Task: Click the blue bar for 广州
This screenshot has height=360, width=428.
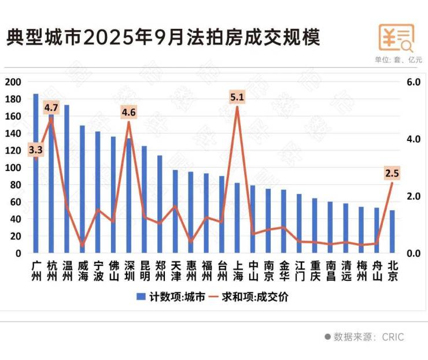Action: pyautogui.click(x=36, y=173)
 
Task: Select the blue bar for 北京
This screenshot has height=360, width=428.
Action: pyautogui.click(x=392, y=232)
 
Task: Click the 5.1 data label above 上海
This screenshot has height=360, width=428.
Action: pyautogui.click(x=237, y=98)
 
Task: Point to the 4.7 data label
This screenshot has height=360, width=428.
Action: pyautogui.click(x=51, y=107)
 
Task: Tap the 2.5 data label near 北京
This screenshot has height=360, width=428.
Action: pyautogui.click(x=392, y=173)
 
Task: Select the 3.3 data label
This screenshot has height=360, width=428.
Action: pyautogui.click(x=36, y=150)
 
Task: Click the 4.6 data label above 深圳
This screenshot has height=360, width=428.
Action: pyautogui.click(x=129, y=112)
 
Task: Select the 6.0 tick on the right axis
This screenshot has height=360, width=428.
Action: pyautogui.click(x=412, y=82)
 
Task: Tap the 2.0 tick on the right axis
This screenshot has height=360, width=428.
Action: pyautogui.click(x=412, y=196)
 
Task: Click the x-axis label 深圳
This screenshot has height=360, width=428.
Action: pyautogui.click(x=129, y=270)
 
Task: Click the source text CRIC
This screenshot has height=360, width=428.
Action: pyautogui.click(x=393, y=337)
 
